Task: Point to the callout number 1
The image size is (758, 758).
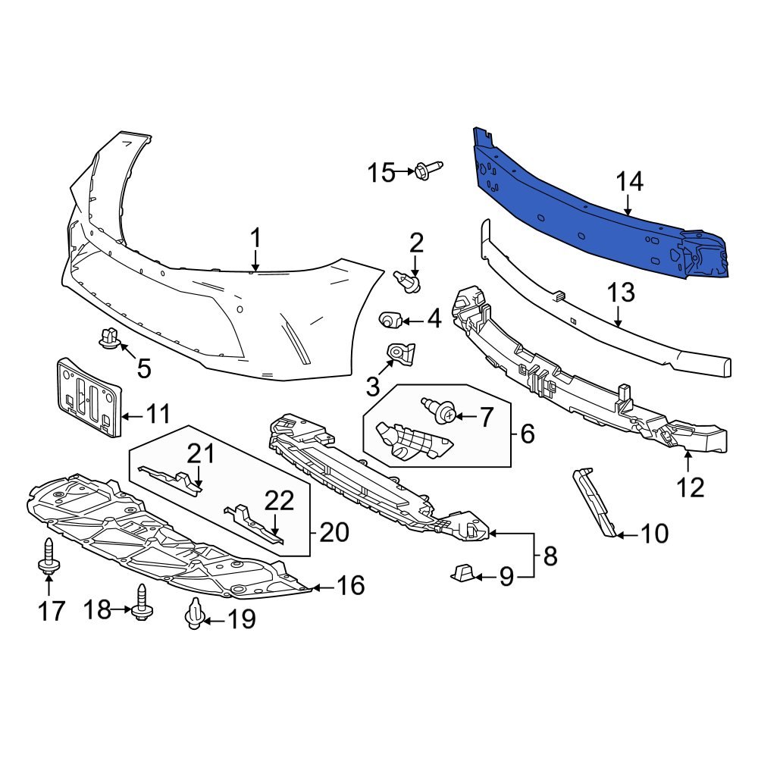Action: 255,239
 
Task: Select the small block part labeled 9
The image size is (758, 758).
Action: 464,575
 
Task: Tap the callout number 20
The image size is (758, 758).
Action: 334,532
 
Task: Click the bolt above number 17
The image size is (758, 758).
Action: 48,556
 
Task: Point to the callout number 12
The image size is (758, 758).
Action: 691,487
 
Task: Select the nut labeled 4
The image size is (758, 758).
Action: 390,320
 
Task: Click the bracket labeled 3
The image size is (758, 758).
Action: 399,356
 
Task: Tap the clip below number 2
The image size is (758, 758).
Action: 409,282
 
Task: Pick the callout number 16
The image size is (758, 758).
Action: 350,585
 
